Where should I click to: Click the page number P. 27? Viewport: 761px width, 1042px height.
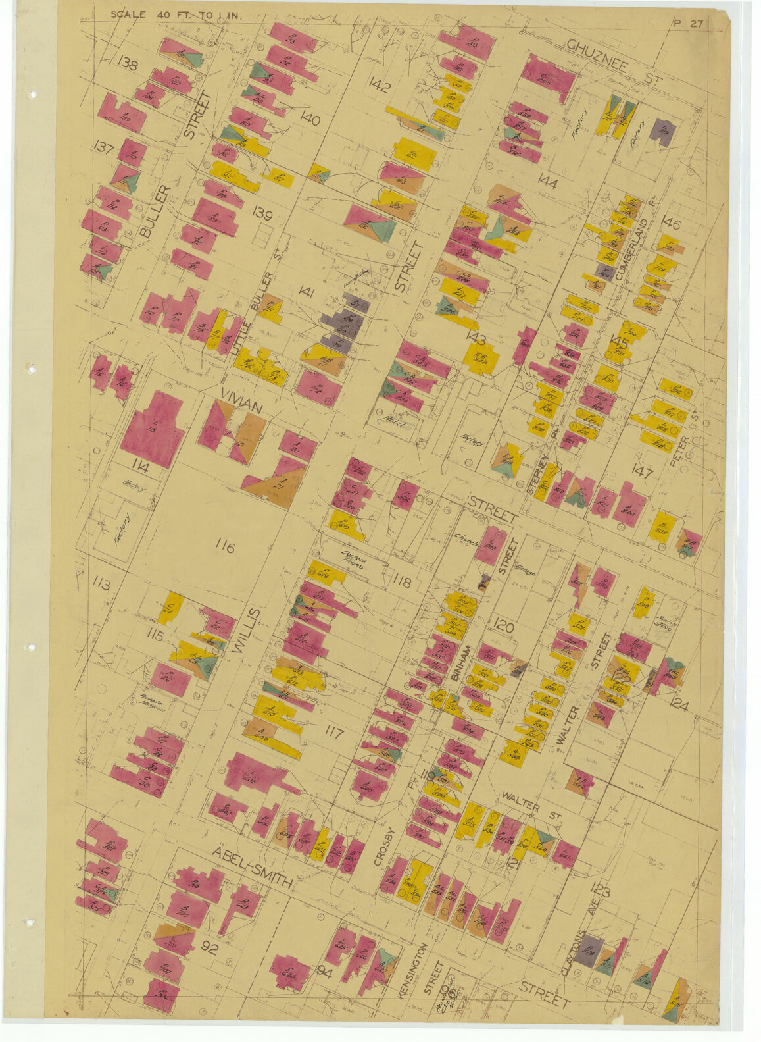click(x=688, y=24)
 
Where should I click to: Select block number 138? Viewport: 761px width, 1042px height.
click(x=128, y=64)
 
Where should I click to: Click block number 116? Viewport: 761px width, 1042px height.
click(x=225, y=546)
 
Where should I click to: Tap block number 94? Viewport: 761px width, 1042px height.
click(x=324, y=971)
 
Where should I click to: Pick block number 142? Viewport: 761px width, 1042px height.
click(x=380, y=85)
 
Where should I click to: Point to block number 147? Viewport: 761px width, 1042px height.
click(x=641, y=471)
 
